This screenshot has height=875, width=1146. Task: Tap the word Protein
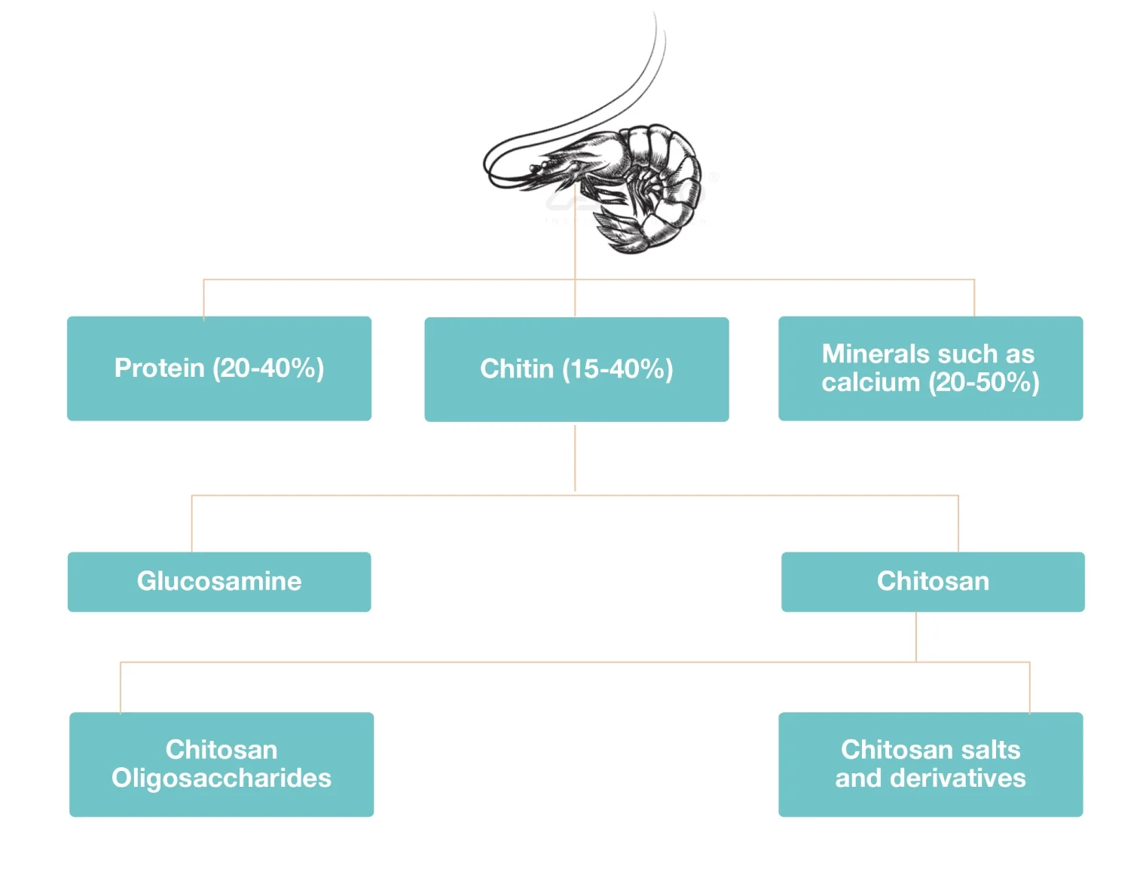click(159, 368)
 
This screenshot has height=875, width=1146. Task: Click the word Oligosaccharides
click(221, 778)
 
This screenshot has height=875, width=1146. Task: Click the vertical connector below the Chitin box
click(575, 457)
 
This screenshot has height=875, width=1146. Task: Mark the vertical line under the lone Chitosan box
click(916, 637)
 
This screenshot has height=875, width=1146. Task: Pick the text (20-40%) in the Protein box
click(268, 368)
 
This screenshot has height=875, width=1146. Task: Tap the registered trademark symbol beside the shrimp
click(714, 178)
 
